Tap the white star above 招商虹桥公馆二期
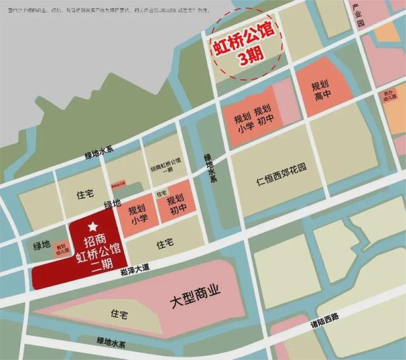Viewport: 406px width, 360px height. [x=93, y=228]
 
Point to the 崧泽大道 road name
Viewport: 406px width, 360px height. [x=137, y=266]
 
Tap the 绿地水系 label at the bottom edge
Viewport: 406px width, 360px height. [x=110, y=341]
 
